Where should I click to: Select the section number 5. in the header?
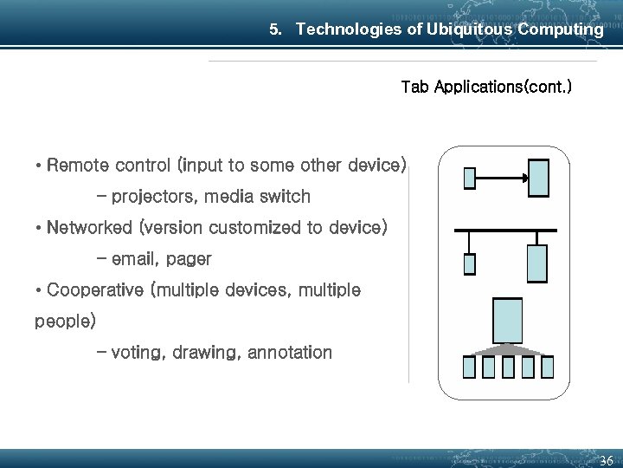tap(276, 30)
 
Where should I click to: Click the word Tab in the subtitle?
tap(414, 88)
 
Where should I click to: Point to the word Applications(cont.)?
tap(503, 88)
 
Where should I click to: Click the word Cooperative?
tap(96, 289)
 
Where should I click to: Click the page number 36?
tap(607, 459)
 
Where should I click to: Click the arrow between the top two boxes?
tap(502, 179)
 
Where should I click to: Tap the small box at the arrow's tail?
tap(470, 178)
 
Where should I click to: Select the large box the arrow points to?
tap(539, 177)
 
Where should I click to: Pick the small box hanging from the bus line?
tap(470, 263)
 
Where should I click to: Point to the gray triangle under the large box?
tap(507, 348)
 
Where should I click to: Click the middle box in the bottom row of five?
tap(508, 367)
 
